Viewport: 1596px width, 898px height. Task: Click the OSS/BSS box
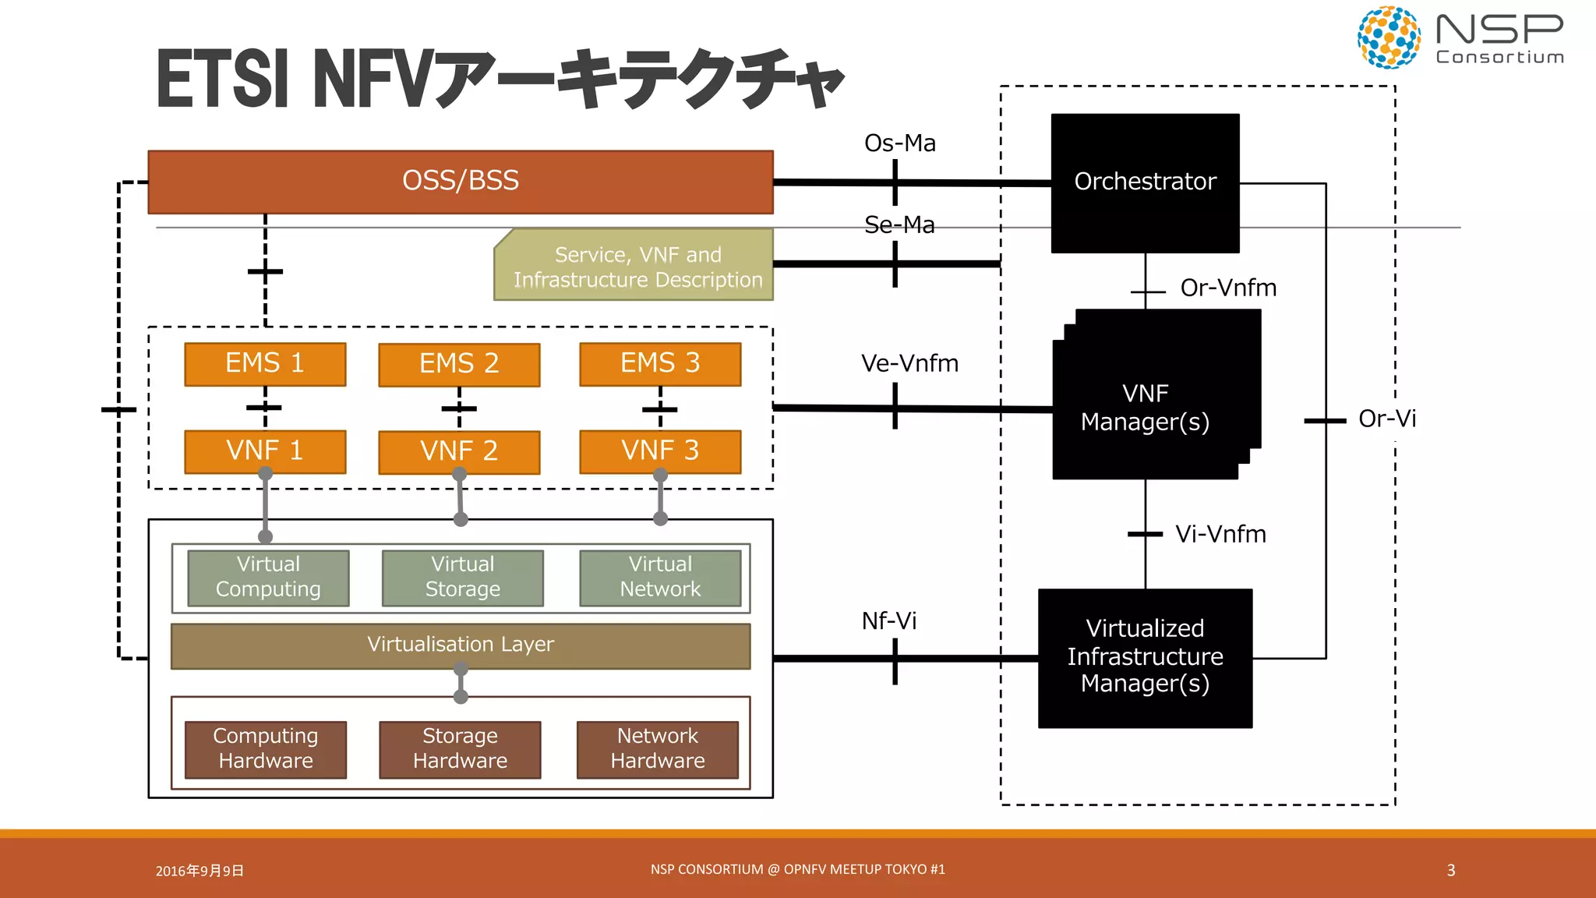click(460, 181)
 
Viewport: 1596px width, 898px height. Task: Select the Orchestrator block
click(1144, 182)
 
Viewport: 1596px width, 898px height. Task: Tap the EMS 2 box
click(459, 364)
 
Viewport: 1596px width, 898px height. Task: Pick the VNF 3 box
click(660, 451)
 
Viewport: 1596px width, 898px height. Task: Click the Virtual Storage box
click(462, 578)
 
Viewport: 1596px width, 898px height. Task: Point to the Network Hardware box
click(657, 748)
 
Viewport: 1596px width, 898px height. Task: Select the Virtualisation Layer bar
click(460, 645)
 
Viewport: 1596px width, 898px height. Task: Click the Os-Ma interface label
click(899, 143)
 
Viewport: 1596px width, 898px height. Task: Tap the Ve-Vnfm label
click(909, 363)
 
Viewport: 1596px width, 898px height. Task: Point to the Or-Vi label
click(1386, 419)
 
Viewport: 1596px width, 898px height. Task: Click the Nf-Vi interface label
click(888, 621)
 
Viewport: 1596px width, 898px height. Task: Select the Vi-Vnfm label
click(1220, 534)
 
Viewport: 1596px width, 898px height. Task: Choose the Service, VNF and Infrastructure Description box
click(637, 267)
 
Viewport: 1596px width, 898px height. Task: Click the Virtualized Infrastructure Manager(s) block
click(1144, 657)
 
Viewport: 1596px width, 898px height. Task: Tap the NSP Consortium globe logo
click(1388, 37)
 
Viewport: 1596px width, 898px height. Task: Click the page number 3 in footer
click(1450, 870)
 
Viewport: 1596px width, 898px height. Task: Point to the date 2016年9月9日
click(199, 871)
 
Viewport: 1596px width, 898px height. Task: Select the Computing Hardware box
click(265, 748)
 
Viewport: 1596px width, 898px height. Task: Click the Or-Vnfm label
click(1227, 288)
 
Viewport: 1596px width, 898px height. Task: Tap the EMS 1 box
click(264, 363)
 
